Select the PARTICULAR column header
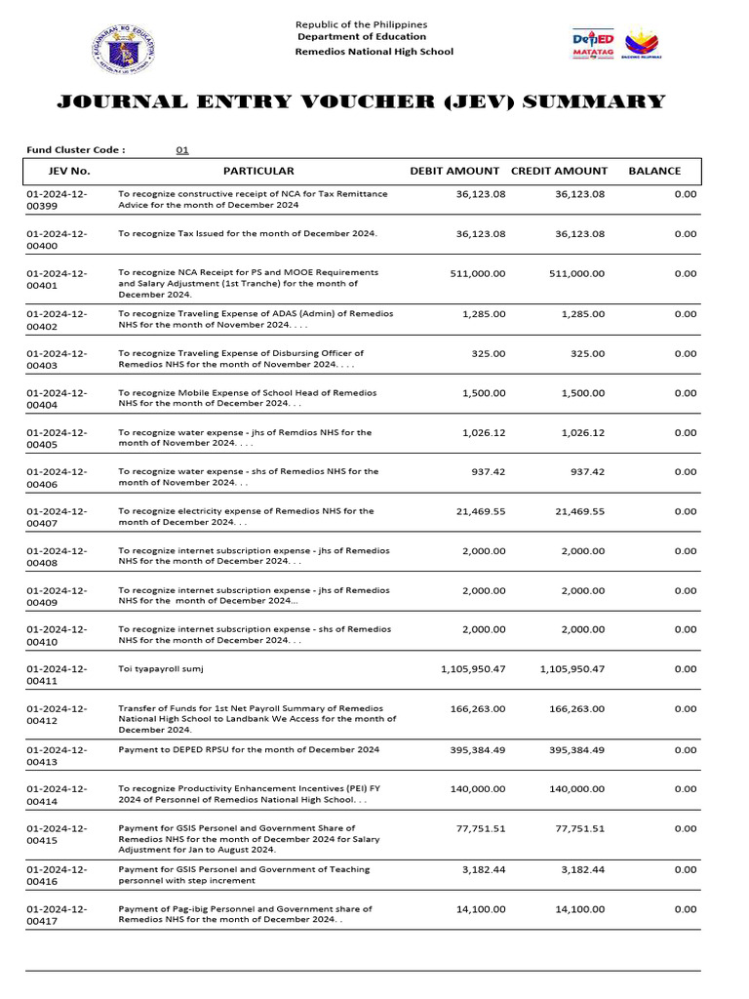point(258,171)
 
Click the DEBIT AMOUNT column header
point(454,171)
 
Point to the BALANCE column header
point(654,171)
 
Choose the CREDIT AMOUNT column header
point(559,171)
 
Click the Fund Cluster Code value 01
point(181,150)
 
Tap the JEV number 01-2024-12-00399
point(57,200)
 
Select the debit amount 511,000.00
point(477,274)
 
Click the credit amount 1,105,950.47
point(572,669)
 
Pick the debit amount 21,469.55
point(479,511)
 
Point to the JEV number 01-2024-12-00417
point(57,915)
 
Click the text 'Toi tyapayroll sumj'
point(161,669)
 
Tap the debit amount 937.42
point(487,471)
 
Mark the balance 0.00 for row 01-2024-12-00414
point(685,789)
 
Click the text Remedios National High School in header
point(374,52)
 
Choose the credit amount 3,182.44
point(583,868)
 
